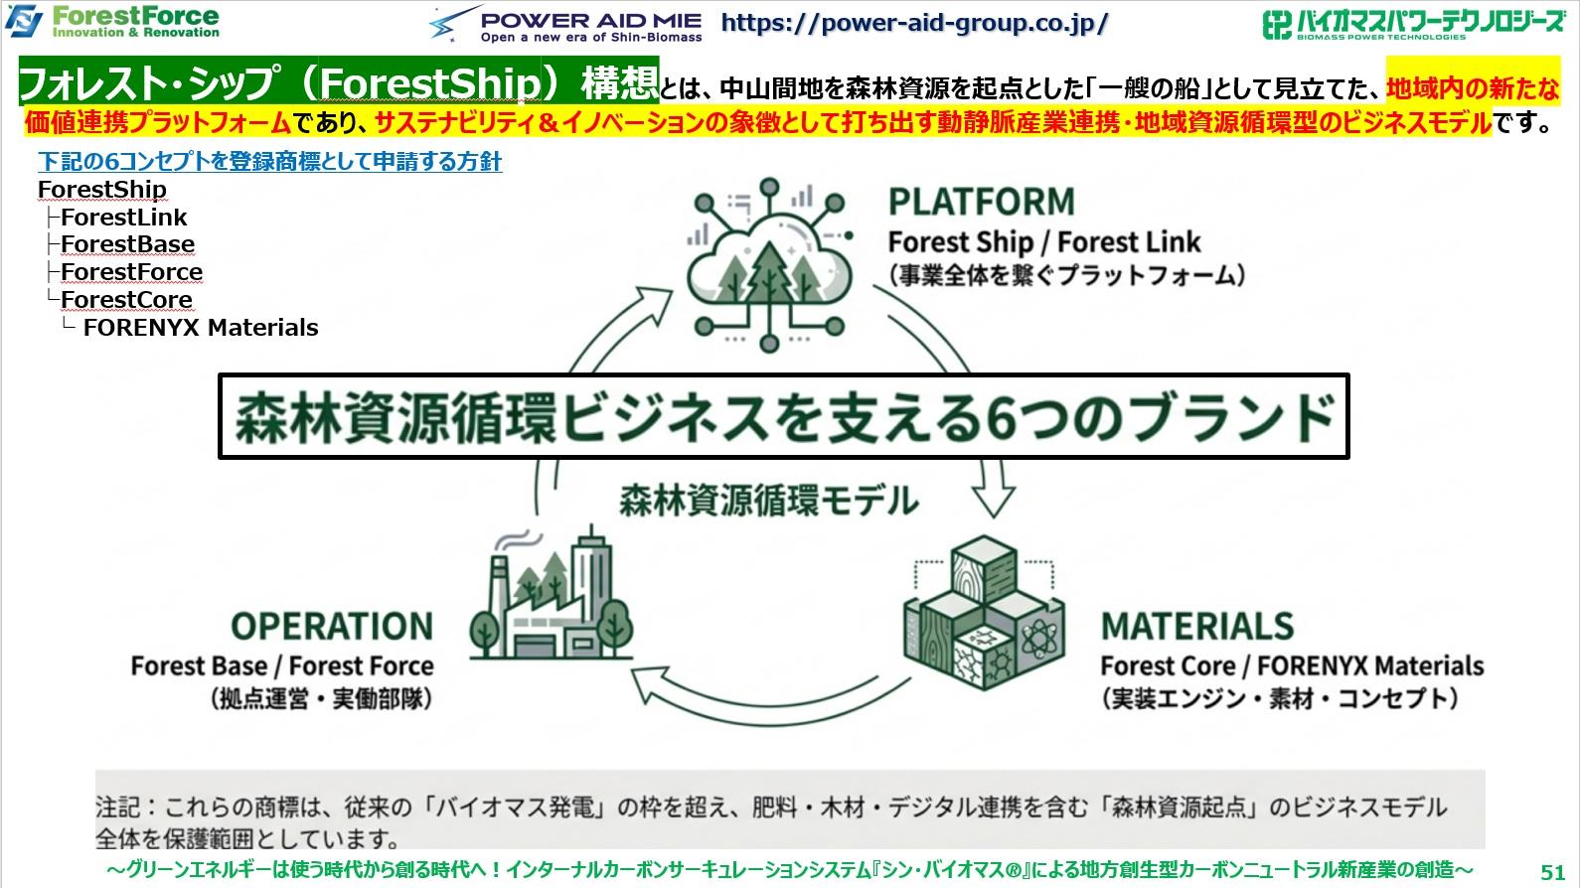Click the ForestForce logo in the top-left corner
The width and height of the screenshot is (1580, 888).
[113, 21]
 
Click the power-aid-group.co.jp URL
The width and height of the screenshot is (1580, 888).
[914, 23]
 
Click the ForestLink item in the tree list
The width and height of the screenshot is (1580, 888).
[123, 218]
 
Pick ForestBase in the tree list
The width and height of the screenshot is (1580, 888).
[127, 244]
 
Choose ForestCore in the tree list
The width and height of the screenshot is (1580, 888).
[126, 300]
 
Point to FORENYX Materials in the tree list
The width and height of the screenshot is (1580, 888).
[201, 328]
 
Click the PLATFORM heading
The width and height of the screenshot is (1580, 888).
[981, 202]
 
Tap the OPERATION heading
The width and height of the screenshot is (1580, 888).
[332, 627]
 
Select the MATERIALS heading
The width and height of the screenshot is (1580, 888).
[1196, 627]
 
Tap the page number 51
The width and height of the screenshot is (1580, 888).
[1552, 871]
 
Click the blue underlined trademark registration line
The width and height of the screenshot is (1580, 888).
[269, 162]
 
